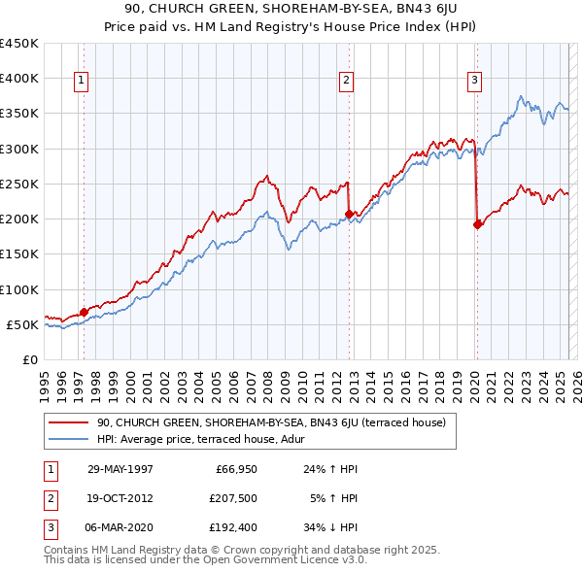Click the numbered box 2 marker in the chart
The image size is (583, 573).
tap(345, 82)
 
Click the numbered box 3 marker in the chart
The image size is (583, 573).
tap(474, 82)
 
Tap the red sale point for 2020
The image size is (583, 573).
tap(477, 224)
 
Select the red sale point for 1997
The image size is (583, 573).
tap(84, 312)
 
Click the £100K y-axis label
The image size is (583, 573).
tap(19, 289)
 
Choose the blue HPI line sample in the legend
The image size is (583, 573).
tap(69, 438)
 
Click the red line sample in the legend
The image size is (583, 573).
tap(69, 422)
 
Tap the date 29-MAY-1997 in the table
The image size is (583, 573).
tap(120, 469)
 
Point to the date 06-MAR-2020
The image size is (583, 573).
tap(120, 528)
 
